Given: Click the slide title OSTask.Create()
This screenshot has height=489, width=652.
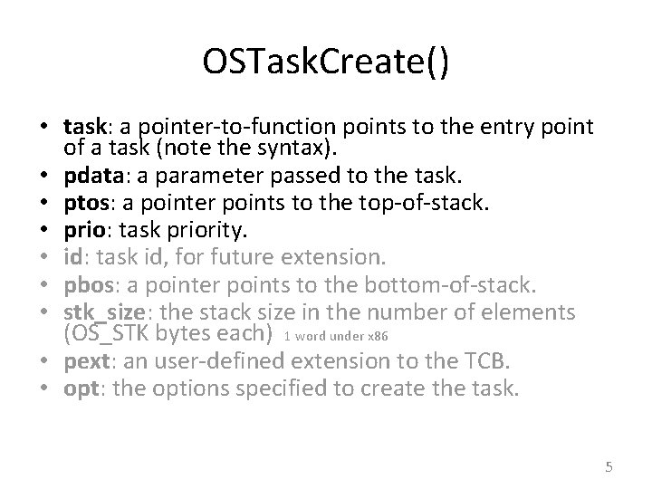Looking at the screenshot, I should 325,66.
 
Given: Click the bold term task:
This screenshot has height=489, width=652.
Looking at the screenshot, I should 84,128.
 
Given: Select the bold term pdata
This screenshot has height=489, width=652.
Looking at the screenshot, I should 89,172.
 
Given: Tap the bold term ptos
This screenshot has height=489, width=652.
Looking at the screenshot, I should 84,197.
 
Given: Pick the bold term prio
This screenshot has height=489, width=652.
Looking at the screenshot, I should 83,221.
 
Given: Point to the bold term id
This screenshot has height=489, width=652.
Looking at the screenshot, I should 72,245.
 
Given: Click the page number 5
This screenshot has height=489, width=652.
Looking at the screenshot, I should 609,467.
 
